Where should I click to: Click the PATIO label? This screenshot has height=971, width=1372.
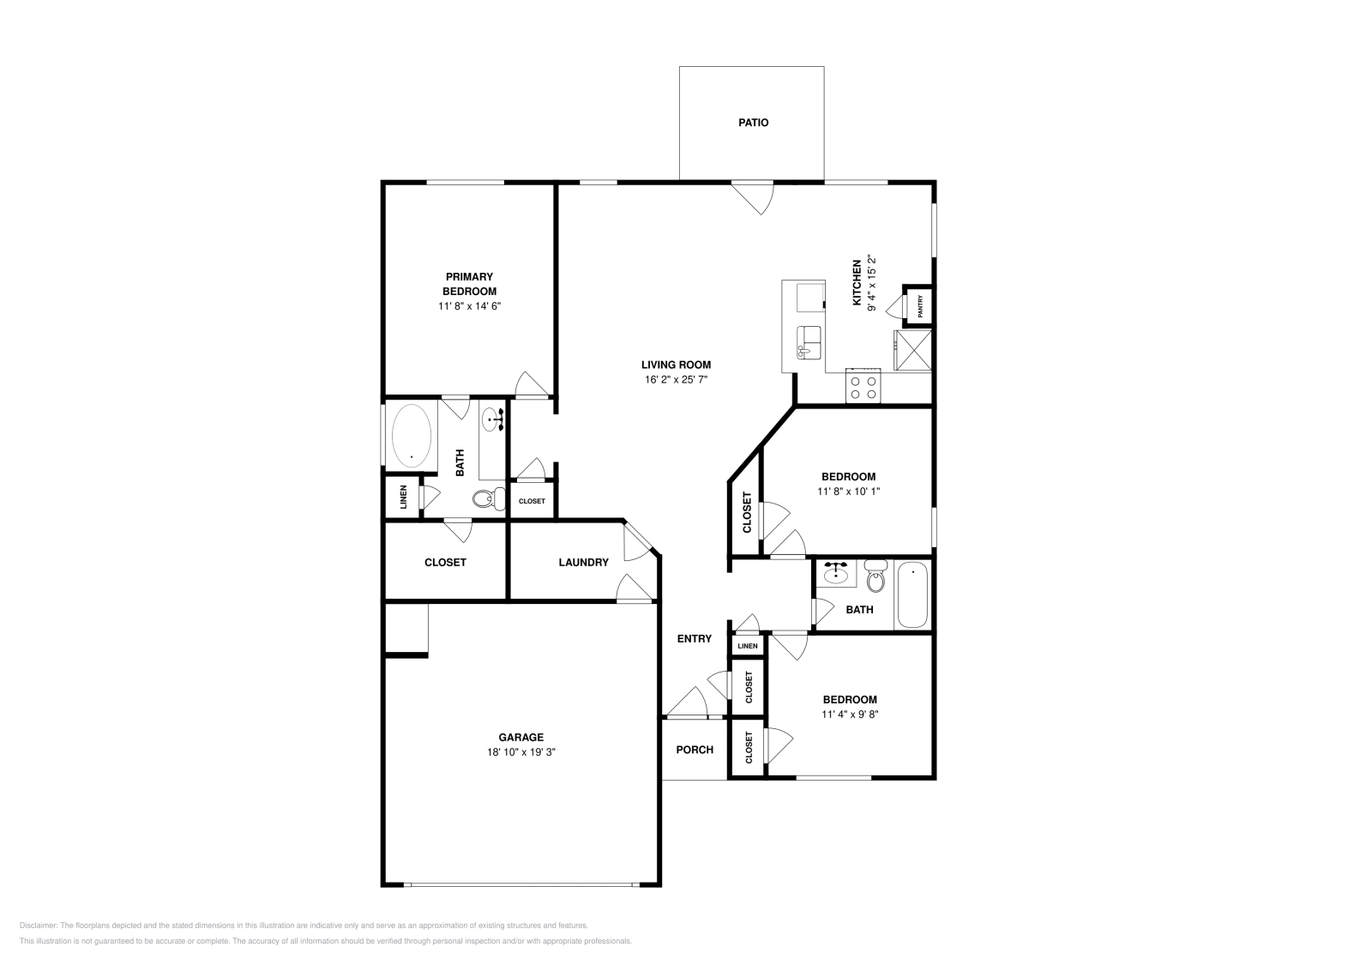[753, 123]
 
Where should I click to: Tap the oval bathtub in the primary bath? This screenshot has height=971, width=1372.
[412, 436]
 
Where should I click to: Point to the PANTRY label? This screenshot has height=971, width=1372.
[920, 306]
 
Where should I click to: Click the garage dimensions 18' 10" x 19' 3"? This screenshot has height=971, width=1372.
[521, 752]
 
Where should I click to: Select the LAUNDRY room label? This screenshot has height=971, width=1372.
[583, 563]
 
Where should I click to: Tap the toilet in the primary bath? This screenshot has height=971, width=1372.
[488, 498]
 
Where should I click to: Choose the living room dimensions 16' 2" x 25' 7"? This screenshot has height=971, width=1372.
[677, 379]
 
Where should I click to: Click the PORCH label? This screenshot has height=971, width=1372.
[695, 750]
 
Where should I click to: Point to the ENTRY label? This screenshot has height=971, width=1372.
[694, 638]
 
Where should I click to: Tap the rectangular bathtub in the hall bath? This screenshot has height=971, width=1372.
[912, 595]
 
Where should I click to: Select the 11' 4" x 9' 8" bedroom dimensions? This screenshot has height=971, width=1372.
[850, 714]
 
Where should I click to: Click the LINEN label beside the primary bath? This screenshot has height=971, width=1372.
[403, 498]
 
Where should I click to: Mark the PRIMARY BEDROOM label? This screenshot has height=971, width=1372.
[469, 284]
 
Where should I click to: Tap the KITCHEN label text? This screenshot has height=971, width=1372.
[856, 283]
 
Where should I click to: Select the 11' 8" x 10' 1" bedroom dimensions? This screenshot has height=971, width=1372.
[848, 492]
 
